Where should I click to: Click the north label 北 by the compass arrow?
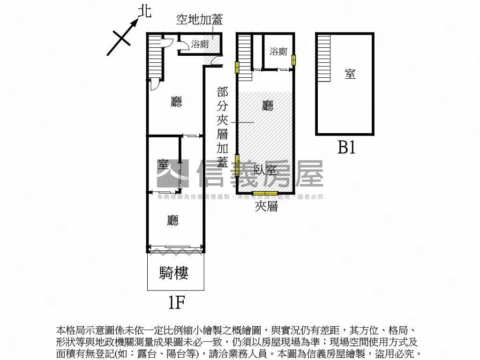click(x=145, y=11)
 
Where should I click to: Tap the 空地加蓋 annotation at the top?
click(x=199, y=20)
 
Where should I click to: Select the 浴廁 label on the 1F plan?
click(x=200, y=45)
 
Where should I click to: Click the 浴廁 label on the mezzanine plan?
click(x=278, y=52)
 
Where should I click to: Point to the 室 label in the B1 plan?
click(x=350, y=74)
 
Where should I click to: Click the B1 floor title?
click(x=346, y=148)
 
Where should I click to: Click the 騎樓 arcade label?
click(x=174, y=273)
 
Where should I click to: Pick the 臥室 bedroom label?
click(x=265, y=170)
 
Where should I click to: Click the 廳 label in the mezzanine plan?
click(x=267, y=106)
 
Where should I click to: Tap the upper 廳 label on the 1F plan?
click(x=176, y=102)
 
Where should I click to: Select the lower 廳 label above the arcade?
click(x=173, y=220)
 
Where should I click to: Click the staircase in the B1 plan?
click(x=324, y=59)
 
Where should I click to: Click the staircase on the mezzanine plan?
click(x=244, y=52)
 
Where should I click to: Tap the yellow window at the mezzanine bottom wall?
click(x=265, y=193)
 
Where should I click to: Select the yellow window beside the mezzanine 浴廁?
click(x=294, y=60)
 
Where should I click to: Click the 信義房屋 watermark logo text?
click(x=260, y=174)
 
